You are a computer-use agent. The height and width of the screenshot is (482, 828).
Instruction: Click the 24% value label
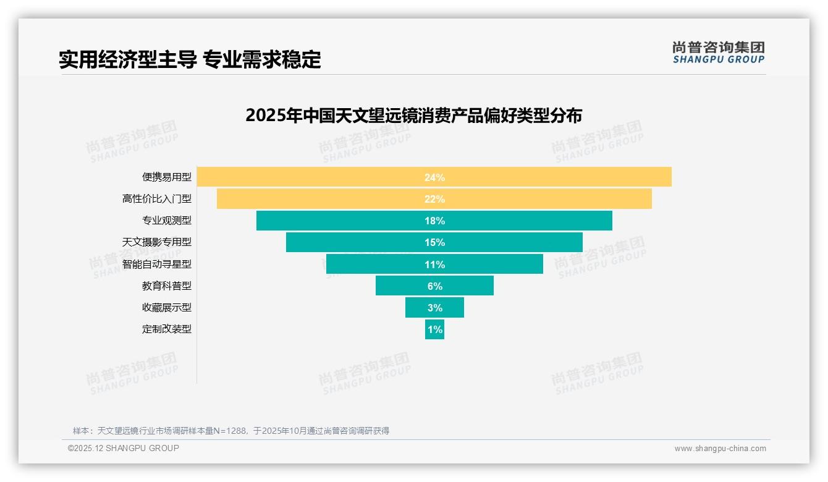pos(434,177)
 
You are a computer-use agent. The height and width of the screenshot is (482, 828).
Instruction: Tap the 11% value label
pos(434,264)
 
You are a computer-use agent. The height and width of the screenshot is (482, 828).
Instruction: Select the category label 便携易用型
pos(167,177)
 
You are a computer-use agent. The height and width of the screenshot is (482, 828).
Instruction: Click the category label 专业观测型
pos(167,221)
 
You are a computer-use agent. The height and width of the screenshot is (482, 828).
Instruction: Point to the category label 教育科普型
pos(167,286)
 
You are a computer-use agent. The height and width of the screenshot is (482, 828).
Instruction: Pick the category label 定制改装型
pos(167,329)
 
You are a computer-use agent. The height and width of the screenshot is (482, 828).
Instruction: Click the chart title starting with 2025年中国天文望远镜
pos(413,116)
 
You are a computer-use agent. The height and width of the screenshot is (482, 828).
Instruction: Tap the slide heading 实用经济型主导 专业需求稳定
pos(190,59)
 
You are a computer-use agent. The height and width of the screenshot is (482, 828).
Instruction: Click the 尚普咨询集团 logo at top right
pos(719,52)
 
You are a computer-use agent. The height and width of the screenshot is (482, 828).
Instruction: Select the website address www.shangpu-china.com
pos(720,449)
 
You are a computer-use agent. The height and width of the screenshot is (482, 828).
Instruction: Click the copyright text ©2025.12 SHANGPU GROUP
pos(124,448)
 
